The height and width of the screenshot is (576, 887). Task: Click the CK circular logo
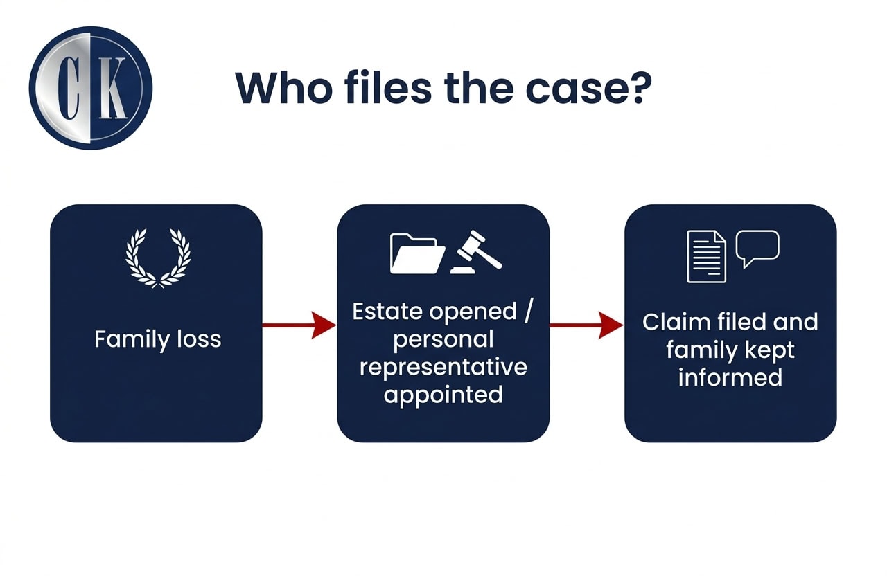(x=90, y=89)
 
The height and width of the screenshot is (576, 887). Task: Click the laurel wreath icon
(x=158, y=258)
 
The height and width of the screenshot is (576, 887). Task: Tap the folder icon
(x=417, y=253)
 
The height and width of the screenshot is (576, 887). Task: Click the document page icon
(x=706, y=256)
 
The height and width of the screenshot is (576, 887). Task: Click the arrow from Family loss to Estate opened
(x=299, y=325)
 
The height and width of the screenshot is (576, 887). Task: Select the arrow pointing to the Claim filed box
(x=586, y=325)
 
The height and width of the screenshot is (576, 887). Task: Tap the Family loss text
(x=157, y=339)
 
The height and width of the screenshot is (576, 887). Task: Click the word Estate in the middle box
(x=387, y=312)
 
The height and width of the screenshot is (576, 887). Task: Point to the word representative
(x=443, y=367)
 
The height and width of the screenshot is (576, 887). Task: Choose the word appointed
(x=443, y=395)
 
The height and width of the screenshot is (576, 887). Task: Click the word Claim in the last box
(x=674, y=322)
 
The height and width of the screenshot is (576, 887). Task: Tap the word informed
(x=730, y=378)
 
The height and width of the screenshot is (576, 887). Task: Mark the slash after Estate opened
(x=528, y=312)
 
